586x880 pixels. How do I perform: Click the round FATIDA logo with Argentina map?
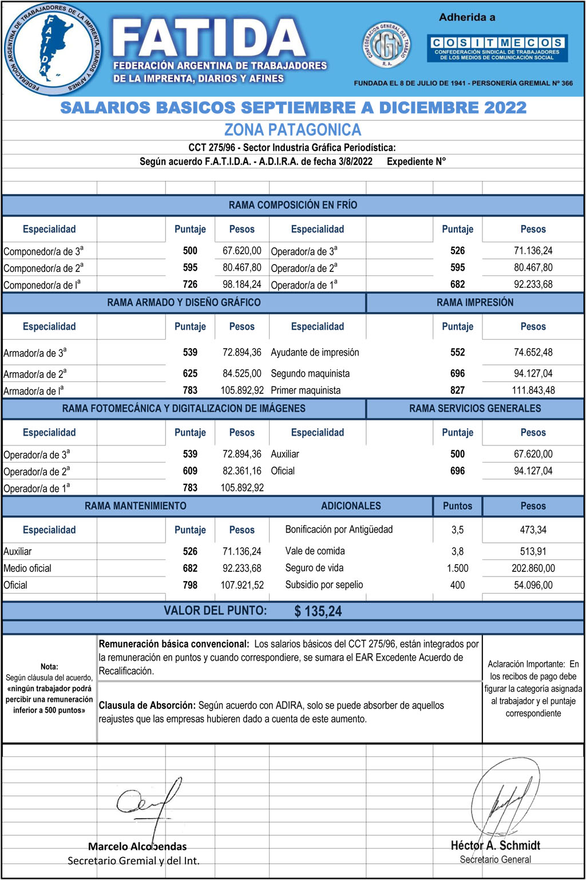(52, 48)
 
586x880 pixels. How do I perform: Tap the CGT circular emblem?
(387, 46)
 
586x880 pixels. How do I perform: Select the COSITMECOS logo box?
(497, 49)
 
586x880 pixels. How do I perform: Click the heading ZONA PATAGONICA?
(292, 130)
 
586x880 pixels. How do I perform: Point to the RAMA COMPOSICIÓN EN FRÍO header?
(292, 205)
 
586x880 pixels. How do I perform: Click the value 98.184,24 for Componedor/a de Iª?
(241, 285)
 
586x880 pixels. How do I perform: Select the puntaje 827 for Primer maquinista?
(457, 390)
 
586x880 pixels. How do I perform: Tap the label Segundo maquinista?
(310, 374)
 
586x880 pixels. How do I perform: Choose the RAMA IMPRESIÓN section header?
(474, 302)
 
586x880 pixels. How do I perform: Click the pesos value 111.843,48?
(533, 390)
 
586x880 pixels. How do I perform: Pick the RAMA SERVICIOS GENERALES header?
(474, 408)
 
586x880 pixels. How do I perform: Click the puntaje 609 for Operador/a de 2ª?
(190, 471)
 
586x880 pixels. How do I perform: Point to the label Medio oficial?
(27, 569)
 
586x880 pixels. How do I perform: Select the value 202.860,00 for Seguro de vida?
(533, 569)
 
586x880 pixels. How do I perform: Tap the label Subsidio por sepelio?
(324, 585)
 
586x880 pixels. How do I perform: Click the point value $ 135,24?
(318, 611)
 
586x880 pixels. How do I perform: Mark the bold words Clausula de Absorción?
(147, 705)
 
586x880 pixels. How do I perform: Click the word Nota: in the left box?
(49, 666)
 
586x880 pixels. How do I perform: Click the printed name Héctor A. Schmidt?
(495, 846)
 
